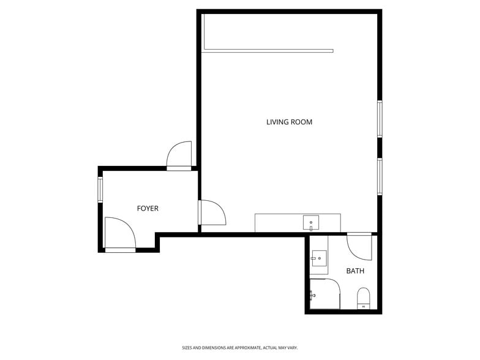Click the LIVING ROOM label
tap(289, 122)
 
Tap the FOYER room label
tap(148, 209)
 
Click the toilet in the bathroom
tap(364, 298)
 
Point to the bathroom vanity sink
tap(319, 258)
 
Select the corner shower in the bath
tap(324, 294)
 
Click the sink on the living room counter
tap(311, 222)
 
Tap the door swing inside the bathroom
tap(359, 246)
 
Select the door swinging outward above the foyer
tap(179, 156)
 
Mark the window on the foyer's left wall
tap(100, 190)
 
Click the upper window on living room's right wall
tap(380, 119)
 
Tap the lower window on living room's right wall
tap(380, 176)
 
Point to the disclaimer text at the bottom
tap(239, 347)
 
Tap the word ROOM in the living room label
tap(301, 122)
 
